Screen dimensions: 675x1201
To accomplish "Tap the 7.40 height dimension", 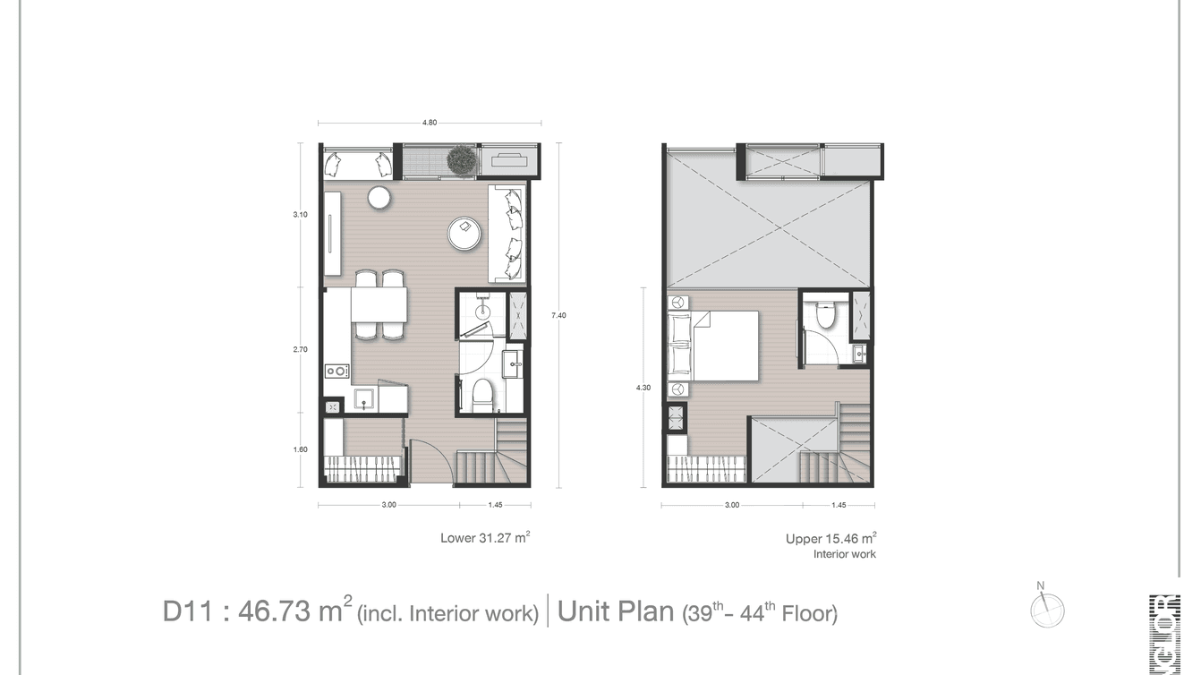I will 558,315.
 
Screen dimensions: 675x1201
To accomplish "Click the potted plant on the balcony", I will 461,161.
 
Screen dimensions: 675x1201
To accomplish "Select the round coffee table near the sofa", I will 465,234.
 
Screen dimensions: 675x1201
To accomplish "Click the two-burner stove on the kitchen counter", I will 336,370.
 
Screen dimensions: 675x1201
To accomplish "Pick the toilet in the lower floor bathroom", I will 482,394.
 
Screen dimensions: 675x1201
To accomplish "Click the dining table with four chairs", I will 379,305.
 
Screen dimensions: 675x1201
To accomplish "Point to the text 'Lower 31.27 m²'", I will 484,538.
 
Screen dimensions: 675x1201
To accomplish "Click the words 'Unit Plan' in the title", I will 615,611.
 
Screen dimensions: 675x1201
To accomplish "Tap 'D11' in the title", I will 186,612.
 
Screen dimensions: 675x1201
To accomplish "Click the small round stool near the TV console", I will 379,198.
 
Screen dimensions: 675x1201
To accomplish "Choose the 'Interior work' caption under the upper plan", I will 844,555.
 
